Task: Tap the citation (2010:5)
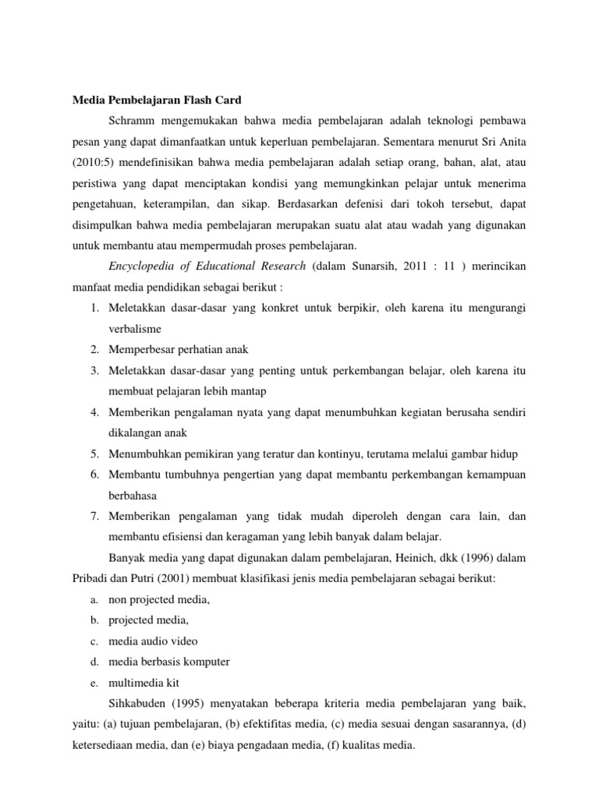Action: tap(96, 164)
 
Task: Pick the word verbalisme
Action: tap(133, 329)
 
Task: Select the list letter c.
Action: tap(92, 641)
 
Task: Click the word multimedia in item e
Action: tap(137, 682)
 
